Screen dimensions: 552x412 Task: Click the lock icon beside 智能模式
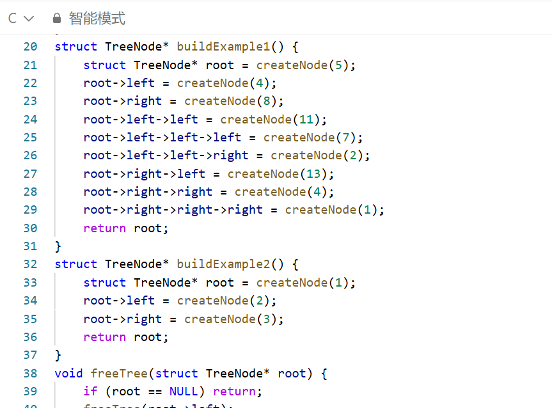(x=57, y=19)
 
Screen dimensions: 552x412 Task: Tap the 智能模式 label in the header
(x=97, y=19)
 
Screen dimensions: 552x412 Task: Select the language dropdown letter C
(x=12, y=19)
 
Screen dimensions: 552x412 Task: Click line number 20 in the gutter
(x=30, y=47)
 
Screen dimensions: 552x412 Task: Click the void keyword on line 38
(x=69, y=373)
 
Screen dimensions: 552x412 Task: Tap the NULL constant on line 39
(x=184, y=391)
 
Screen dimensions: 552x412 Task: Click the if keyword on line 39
(x=90, y=391)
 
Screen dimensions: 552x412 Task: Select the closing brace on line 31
(x=58, y=246)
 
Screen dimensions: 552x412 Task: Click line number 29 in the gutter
(x=30, y=210)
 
